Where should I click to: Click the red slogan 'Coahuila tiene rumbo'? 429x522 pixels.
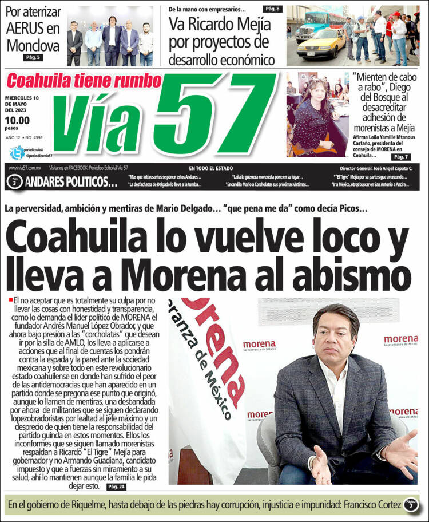(84, 81)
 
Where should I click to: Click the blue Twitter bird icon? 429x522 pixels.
(18, 153)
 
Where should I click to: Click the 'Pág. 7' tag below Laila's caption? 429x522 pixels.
(400, 156)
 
